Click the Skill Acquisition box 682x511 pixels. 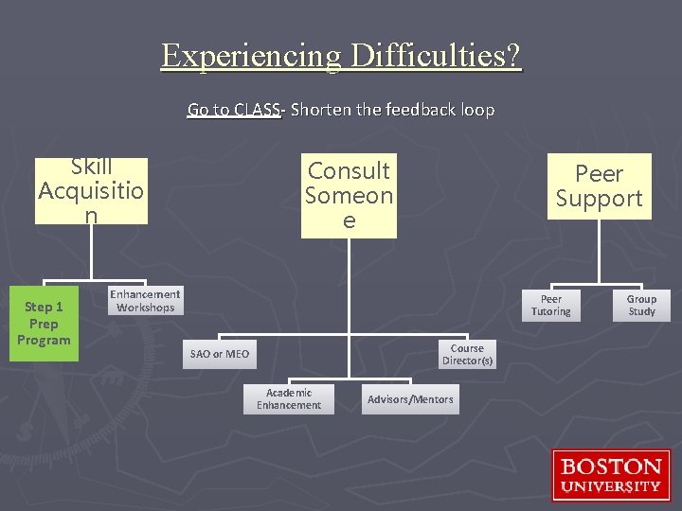pyautogui.click(x=91, y=191)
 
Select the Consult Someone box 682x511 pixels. pyautogui.click(x=349, y=196)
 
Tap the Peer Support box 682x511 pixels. pyautogui.click(x=599, y=186)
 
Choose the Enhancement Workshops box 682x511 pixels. pyautogui.click(x=145, y=301)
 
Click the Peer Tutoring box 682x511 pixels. pyautogui.click(x=550, y=306)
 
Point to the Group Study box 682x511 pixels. pyautogui.click(x=641, y=306)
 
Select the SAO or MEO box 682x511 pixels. pyautogui.click(x=220, y=354)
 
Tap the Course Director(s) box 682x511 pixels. pyautogui.click(x=467, y=355)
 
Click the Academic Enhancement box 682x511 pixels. pyautogui.click(x=289, y=399)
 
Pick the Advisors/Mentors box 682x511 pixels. pyautogui.click(x=410, y=399)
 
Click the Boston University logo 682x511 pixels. pyautogui.click(x=610, y=475)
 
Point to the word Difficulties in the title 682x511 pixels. pyautogui.click(x=435, y=56)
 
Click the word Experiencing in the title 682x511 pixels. pyautogui.click(x=251, y=56)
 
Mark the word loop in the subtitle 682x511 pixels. pyautogui.click(x=477, y=110)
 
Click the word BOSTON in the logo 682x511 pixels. pyautogui.click(x=611, y=467)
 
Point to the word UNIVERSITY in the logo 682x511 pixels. pyautogui.click(x=611, y=486)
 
